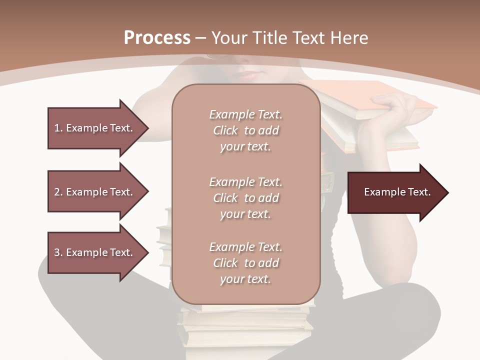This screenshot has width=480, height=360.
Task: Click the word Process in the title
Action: (x=157, y=38)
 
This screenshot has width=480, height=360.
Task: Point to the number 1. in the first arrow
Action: (x=58, y=128)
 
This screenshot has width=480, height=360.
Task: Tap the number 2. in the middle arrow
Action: (x=58, y=192)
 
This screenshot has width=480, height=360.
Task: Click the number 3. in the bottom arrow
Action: (x=58, y=252)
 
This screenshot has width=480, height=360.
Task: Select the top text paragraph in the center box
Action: (x=245, y=130)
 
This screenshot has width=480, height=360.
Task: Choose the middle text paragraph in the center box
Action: (x=245, y=198)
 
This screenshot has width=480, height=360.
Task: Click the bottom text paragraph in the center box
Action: (x=245, y=263)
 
